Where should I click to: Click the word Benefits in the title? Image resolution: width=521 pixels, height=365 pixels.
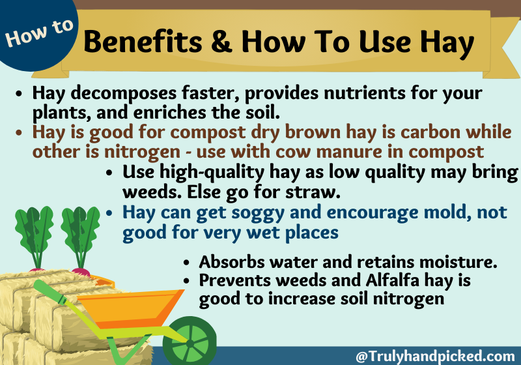tap(143, 41)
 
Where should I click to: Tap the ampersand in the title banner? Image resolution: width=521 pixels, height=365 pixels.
tap(221, 41)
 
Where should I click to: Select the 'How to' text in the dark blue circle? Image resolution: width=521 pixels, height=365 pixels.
tap(39, 33)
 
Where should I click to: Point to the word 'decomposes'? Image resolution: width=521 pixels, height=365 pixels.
tap(123, 93)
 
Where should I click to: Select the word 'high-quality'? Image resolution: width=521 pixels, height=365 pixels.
tap(212, 173)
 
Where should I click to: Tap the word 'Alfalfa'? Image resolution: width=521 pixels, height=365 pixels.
tap(393, 280)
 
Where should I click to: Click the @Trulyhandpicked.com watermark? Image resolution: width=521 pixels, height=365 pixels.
tap(435, 356)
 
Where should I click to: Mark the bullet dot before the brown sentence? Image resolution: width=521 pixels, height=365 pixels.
tap(19, 132)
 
